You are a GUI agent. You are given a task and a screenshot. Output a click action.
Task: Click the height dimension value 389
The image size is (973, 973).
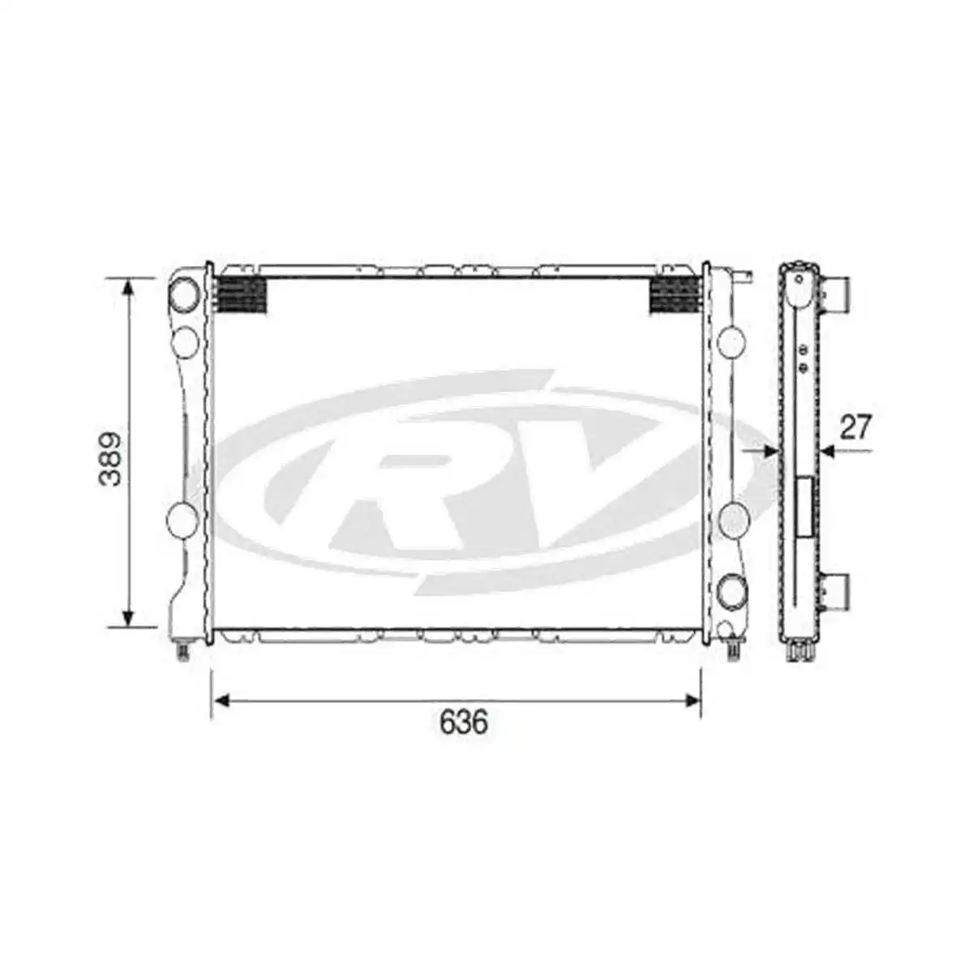pyautogui.click(x=111, y=458)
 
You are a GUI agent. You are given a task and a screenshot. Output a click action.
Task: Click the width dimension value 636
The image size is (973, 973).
pyautogui.click(x=464, y=722)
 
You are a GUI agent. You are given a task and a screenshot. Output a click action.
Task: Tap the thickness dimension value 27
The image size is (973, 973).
pyautogui.click(x=855, y=427)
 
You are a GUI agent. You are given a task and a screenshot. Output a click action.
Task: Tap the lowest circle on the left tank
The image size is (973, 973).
pyautogui.click(x=182, y=517)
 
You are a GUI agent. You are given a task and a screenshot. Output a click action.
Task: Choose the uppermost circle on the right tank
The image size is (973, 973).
pyautogui.click(x=732, y=342)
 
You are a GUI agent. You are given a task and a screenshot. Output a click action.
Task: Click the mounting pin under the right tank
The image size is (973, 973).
pyautogui.click(x=735, y=649)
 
